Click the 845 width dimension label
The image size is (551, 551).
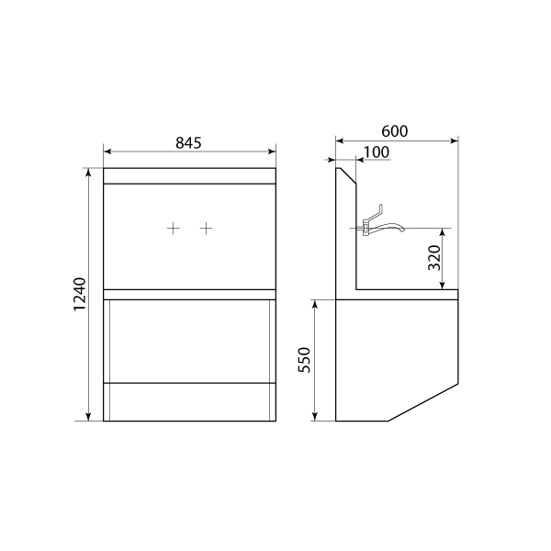click(188, 142)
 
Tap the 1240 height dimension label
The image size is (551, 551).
click(80, 294)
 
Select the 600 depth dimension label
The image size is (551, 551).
click(395, 131)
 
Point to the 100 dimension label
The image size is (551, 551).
click(377, 152)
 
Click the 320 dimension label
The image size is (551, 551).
click(434, 257)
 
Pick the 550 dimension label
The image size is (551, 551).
click(304, 360)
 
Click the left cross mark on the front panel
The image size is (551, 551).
click(173, 229)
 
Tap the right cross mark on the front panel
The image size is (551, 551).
click(207, 229)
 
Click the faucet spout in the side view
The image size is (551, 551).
click(388, 227)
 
